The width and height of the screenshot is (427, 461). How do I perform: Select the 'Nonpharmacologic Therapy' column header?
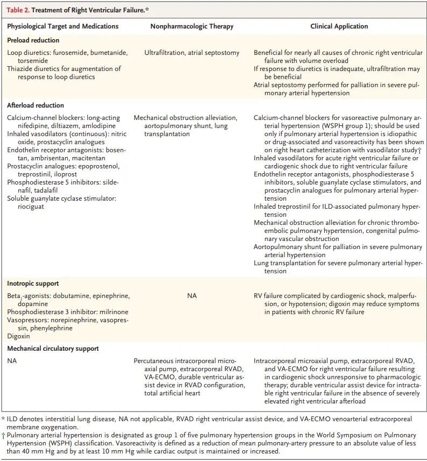[x=192, y=26]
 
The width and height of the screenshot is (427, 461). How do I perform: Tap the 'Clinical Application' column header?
[x=339, y=26]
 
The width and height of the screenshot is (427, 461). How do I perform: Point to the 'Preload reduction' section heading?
[x=33, y=40]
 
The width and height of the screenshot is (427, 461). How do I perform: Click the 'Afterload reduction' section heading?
[x=36, y=105]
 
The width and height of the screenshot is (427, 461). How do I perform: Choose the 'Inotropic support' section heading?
[x=33, y=283]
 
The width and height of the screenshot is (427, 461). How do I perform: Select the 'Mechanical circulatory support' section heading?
[x=53, y=349]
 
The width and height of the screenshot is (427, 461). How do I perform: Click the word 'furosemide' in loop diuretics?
[x=68, y=53]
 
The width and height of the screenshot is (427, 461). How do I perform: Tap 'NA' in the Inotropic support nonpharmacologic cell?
[x=192, y=296]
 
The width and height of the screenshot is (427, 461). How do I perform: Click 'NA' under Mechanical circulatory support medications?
[x=12, y=360]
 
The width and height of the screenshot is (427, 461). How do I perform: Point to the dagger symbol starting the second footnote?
[x=3, y=434]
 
